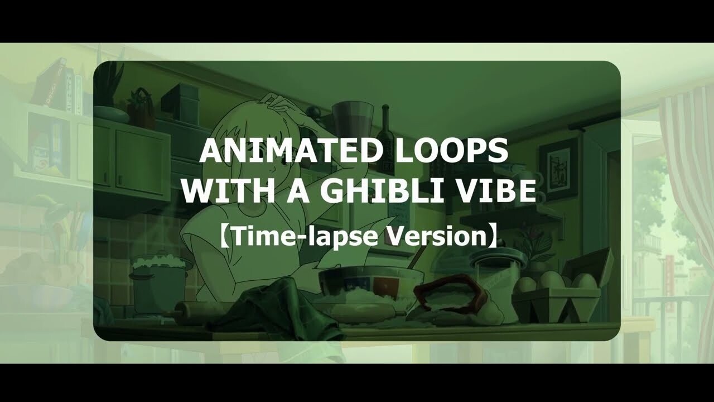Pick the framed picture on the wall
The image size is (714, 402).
[x=558, y=167]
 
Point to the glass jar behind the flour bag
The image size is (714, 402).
[x=496, y=268]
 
